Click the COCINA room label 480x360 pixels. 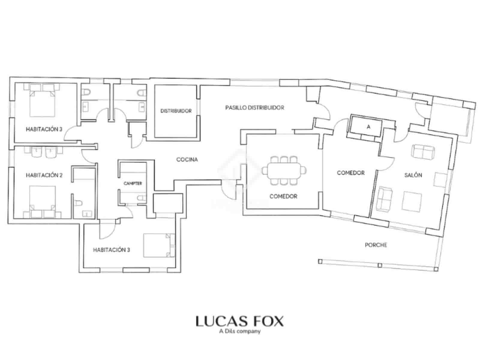(187, 160)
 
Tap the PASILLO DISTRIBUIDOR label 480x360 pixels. (254, 107)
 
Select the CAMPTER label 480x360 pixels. (133, 183)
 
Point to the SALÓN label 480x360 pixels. (413, 175)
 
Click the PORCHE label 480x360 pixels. (376, 245)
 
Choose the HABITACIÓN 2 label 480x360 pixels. (44, 175)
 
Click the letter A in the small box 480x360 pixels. (368, 127)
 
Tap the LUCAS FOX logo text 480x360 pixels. (239, 321)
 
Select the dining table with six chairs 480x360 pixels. (284, 171)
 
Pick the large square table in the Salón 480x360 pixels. (412, 202)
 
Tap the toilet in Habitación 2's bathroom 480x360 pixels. (78, 203)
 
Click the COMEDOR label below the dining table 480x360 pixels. (283, 196)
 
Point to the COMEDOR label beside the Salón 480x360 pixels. (350, 173)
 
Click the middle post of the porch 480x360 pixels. (380, 265)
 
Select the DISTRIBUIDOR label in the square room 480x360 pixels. (176, 111)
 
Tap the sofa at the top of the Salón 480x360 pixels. (423, 151)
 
